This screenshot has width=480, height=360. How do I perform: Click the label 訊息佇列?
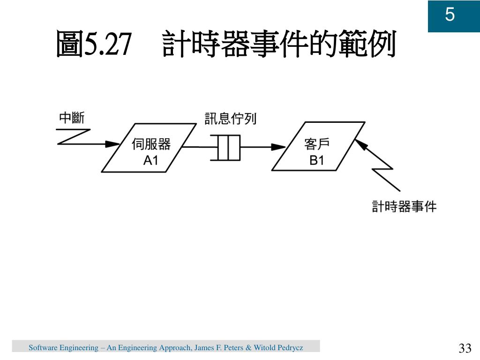coord(230,119)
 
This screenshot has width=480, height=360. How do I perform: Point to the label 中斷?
coord(71,118)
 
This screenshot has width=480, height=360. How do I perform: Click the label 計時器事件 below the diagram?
coord(404,206)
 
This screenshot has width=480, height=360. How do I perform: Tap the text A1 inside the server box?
coord(151,161)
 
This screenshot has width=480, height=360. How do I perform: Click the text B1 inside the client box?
coord(317,161)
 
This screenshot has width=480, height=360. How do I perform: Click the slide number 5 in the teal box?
coord(450,15)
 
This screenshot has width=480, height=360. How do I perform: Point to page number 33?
coord(465,348)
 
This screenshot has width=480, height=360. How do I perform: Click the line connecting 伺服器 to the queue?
coord(201,147)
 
